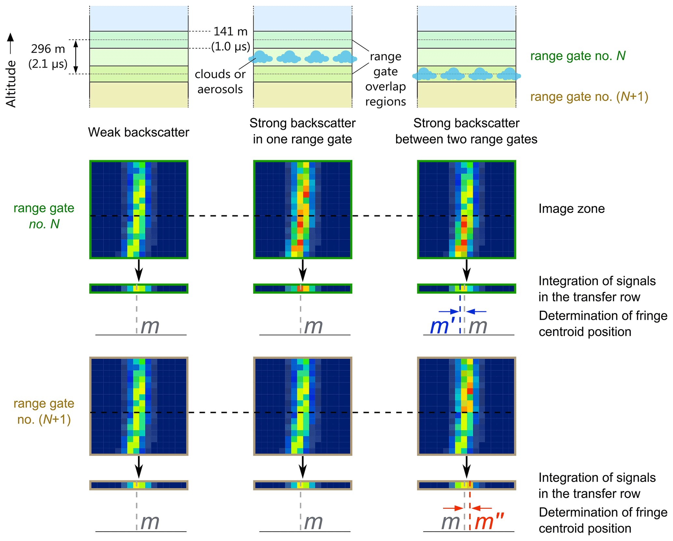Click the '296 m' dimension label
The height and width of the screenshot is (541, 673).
click(48, 49)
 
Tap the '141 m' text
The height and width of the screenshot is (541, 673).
click(231, 31)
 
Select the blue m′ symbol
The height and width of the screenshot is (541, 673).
click(442, 326)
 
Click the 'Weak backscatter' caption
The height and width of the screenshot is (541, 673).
click(138, 132)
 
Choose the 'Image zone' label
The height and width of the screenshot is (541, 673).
click(571, 208)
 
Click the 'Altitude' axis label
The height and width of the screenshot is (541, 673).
click(11, 84)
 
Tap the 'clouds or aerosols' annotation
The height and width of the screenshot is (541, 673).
click(220, 81)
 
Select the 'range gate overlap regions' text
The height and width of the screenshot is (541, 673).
click(386, 79)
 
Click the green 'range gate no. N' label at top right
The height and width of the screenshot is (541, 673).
click(578, 56)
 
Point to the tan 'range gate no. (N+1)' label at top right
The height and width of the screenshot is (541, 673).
click(589, 96)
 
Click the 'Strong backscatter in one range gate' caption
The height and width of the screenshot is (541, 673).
click(302, 131)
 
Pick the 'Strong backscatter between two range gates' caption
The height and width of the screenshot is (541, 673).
click(466, 131)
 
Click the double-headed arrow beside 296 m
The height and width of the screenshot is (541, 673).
click(76, 57)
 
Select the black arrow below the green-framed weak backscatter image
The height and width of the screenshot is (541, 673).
click(139, 270)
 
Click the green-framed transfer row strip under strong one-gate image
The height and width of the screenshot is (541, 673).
click(302, 288)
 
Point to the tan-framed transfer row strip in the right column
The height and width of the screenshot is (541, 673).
click(466, 485)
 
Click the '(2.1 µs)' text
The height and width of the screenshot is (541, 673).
click(48, 64)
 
